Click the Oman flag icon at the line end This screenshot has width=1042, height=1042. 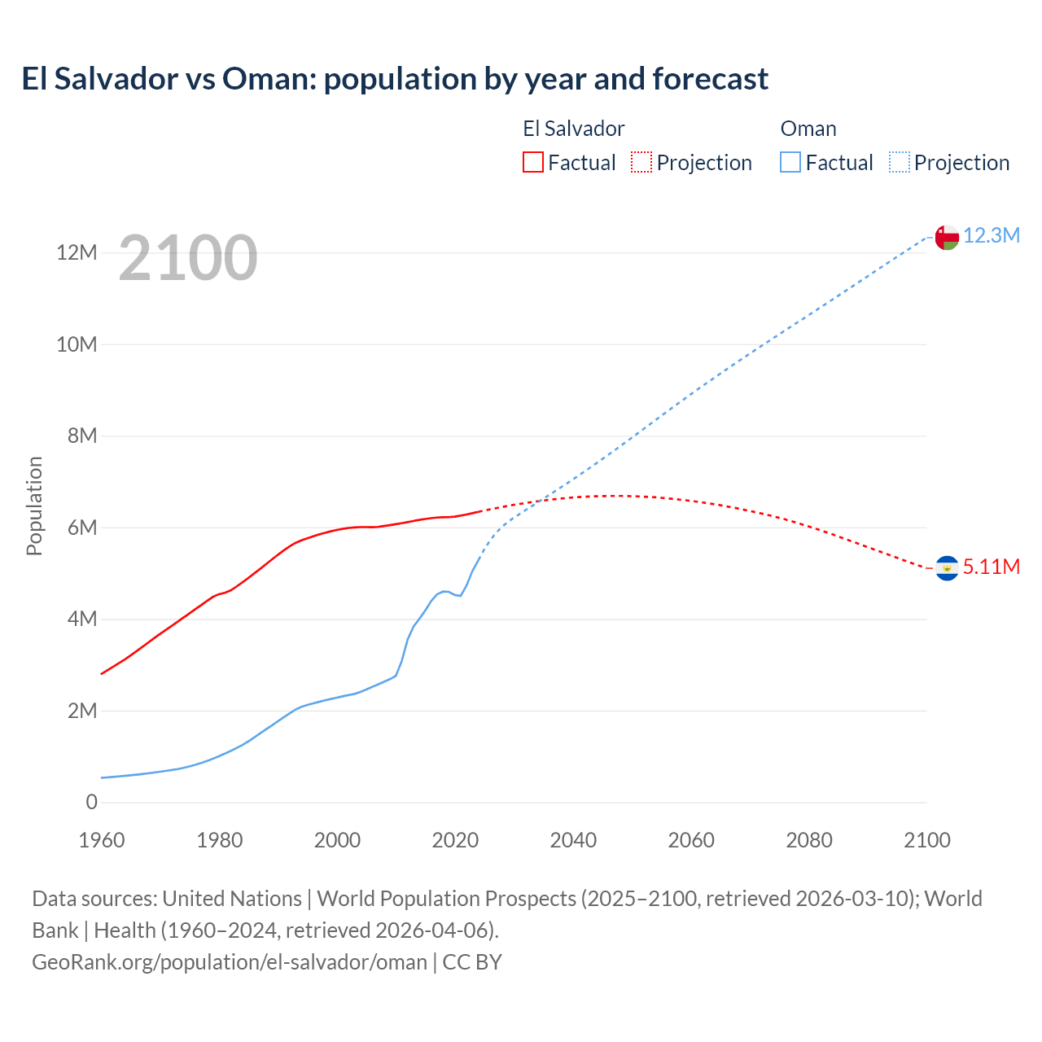point(947,238)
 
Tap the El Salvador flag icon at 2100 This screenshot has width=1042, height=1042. point(947,567)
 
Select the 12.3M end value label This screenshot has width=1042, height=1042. point(992,236)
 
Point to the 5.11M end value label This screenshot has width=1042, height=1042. point(992,567)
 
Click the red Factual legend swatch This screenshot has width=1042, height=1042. point(533,163)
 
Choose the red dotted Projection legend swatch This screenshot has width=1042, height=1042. point(641,163)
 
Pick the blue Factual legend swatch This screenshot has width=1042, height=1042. point(790,163)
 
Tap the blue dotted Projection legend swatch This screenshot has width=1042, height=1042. point(900,163)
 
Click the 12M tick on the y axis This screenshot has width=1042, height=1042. point(77,253)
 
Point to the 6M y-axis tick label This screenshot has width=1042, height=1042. point(82,528)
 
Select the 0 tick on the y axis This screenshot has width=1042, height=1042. point(91,803)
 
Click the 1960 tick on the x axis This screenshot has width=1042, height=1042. point(102,841)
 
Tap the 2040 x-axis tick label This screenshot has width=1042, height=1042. point(573,841)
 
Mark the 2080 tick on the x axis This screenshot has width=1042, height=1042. point(809,841)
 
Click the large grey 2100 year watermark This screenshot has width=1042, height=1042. point(188,259)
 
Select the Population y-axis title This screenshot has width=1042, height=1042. point(34,506)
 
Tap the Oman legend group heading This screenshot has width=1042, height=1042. point(808,129)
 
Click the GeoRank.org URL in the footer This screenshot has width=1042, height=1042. point(230,962)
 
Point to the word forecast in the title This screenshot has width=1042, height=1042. point(710,79)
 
